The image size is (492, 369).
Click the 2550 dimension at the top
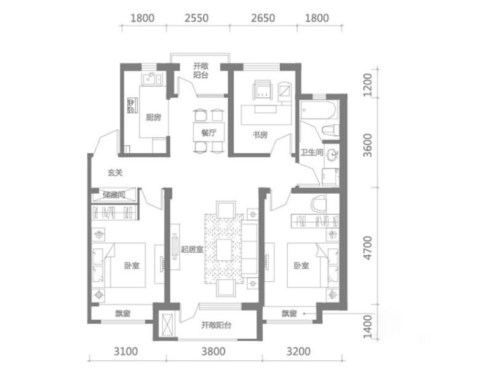tap(196, 18)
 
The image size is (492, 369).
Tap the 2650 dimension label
tap(263, 18)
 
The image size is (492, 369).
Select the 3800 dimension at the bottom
tap(213, 351)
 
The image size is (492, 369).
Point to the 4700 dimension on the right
tap(367, 248)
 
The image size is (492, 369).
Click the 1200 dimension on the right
tap(367, 85)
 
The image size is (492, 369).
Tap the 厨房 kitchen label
tap(153, 117)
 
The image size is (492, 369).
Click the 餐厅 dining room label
tap(208, 132)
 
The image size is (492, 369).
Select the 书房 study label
tap(260, 135)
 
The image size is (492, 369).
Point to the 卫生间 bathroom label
tap(312, 153)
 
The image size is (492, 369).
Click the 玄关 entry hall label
tap(115, 173)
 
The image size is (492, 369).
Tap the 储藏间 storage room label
tap(114, 195)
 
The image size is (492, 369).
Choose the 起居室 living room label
tap(192, 250)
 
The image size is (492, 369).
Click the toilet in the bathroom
tap(331, 130)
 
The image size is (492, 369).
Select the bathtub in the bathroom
tap(319, 110)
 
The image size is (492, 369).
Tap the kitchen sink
tap(153, 79)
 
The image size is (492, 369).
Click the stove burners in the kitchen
tap(132, 105)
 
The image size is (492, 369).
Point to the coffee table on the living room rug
tap(224, 250)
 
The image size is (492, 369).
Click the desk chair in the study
tap(263, 90)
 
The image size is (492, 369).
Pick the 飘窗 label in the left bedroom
tap(122, 314)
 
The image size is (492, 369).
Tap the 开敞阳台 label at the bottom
tap(216, 325)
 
